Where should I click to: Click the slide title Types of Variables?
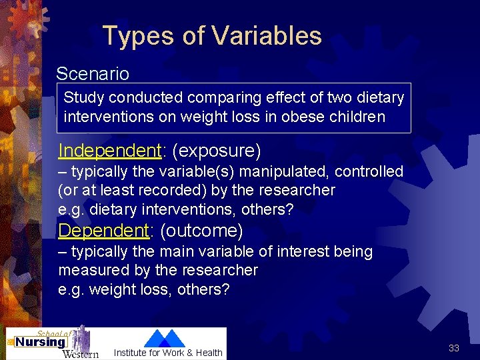(212, 35)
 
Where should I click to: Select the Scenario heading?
(93, 73)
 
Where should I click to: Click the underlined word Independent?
(110, 150)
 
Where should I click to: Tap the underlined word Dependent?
(103, 231)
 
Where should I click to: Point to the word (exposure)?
(216, 150)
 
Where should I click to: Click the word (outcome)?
(201, 231)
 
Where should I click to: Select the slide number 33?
(454, 348)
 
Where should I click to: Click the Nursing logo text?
(40, 342)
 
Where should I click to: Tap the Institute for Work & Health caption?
(168, 353)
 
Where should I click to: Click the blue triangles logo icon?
(165, 338)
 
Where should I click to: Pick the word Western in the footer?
(80, 353)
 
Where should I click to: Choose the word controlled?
(369, 171)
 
